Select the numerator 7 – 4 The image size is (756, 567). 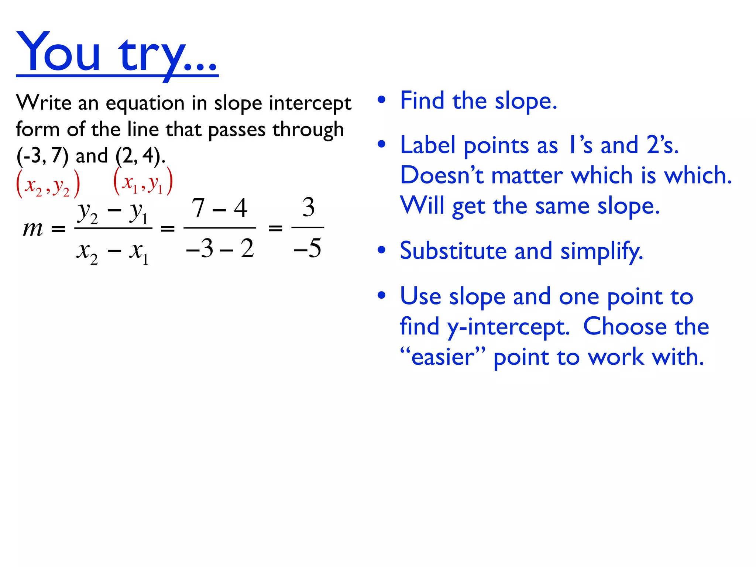(219, 208)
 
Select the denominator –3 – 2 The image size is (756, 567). (220, 248)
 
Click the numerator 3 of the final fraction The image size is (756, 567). (308, 207)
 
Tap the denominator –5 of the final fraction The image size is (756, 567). (307, 248)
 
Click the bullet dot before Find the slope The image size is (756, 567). (382, 100)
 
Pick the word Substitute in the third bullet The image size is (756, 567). (453, 251)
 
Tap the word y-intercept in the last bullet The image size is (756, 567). (508, 327)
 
